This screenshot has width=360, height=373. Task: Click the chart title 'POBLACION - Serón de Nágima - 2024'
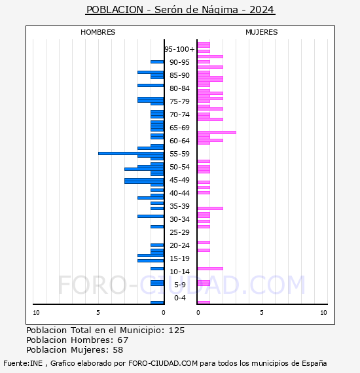[x=180, y=10]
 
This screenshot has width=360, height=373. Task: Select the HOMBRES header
[x=98, y=32]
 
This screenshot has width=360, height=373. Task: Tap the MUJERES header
[x=262, y=32]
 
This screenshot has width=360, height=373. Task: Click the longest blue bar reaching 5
[x=131, y=153]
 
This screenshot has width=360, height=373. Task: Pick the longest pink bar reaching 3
[x=217, y=132]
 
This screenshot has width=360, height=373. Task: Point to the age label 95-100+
[x=179, y=49]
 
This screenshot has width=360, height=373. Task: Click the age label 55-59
[x=179, y=154]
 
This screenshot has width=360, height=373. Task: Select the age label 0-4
[x=179, y=298]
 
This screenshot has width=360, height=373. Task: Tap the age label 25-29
[x=179, y=232]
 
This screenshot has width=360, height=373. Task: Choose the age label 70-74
[x=179, y=115]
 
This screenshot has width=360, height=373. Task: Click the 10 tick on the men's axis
[x=36, y=313]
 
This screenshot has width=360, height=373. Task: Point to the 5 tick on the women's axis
[x=262, y=313]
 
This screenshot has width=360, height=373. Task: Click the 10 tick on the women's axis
[x=323, y=313]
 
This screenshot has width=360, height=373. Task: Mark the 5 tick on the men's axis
[x=98, y=313]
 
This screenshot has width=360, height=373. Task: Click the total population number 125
[x=177, y=330]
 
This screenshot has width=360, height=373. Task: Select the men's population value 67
[x=123, y=340]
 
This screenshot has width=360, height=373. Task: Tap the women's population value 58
[x=118, y=349]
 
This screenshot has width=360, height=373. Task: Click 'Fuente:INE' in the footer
[x=23, y=363]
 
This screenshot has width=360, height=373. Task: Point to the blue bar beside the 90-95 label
[x=157, y=62]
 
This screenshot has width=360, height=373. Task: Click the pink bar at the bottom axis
[x=204, y=302]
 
